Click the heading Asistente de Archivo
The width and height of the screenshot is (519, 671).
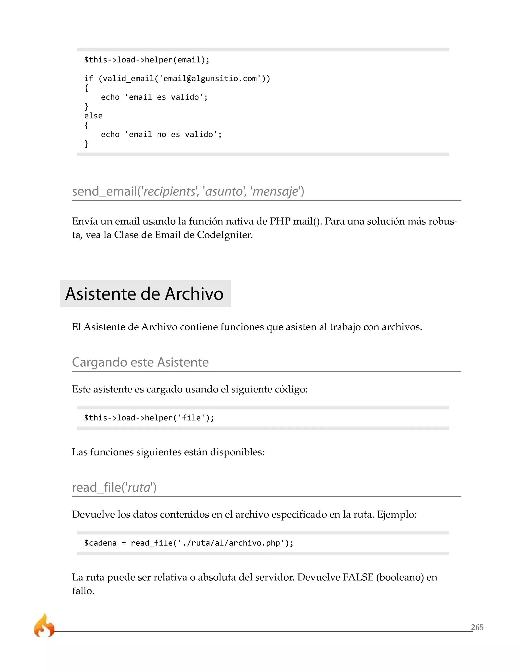point(144,294)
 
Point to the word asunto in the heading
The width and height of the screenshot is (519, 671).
point(224,191)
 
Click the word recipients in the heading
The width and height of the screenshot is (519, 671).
point(170,191)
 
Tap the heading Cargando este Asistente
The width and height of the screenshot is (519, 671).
point(140,362)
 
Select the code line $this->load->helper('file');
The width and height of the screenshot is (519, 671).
point(149,418)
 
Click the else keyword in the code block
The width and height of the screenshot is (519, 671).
point(93,116)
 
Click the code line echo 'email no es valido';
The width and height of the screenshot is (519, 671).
point(161,134)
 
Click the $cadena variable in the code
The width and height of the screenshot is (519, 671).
point(100,543)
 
